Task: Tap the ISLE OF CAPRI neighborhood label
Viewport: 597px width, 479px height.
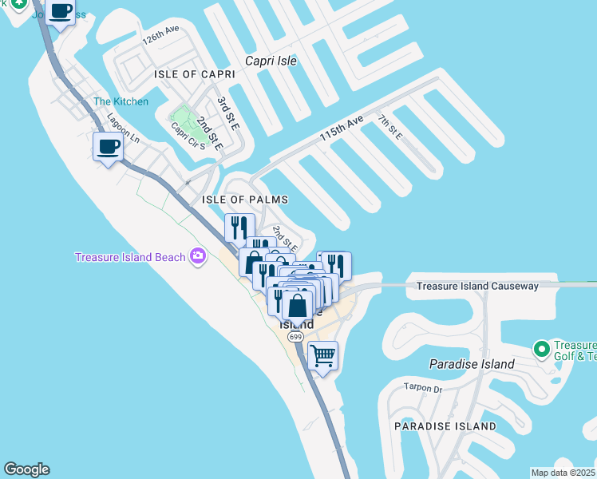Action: pos(195,74)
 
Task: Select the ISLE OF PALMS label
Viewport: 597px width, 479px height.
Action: pos(245,200)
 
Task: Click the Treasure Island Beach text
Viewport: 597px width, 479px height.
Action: pos(129,257)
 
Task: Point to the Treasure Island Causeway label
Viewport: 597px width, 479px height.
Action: pos(477,286)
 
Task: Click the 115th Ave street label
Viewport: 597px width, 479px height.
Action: pos(342,129)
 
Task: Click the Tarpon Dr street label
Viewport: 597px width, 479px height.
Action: pos(424,389)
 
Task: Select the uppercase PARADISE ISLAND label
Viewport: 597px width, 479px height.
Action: pos(445,426)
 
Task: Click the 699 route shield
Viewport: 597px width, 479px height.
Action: pos(295,338)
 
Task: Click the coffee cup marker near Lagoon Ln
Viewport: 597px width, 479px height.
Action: pos(108,146)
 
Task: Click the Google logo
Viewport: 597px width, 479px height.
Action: pos(26,469)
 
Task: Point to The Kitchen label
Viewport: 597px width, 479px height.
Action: pos(121,101)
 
